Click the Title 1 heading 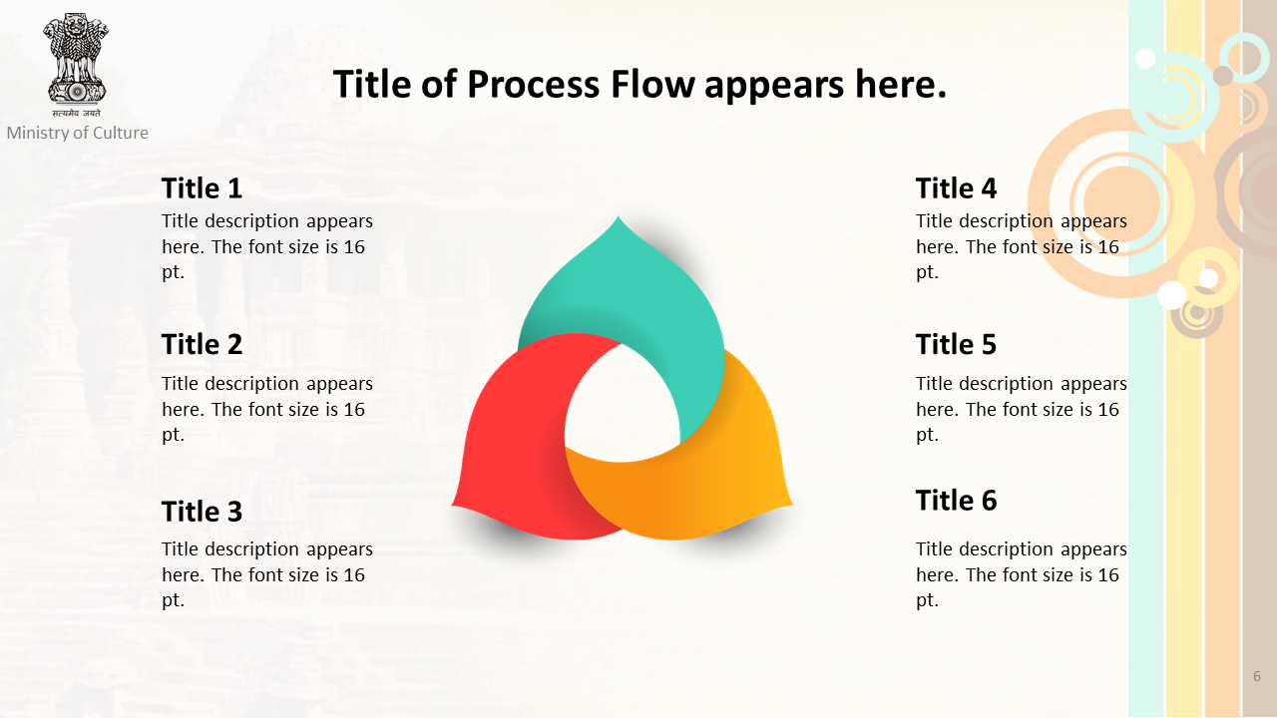point(202,188)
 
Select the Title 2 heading point(202,344)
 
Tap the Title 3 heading point(202,512)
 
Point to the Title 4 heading point(956,188)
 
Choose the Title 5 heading point(956,344)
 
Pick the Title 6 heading point(956,500)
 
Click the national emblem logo point(76,58)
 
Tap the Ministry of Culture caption point(78,133)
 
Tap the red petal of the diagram point(513,439)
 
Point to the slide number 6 point(1257,676)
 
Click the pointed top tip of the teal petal point(619,216)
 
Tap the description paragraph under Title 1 point(266,246)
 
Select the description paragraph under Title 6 point(1021,574)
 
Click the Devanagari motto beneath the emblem point(76,113)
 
